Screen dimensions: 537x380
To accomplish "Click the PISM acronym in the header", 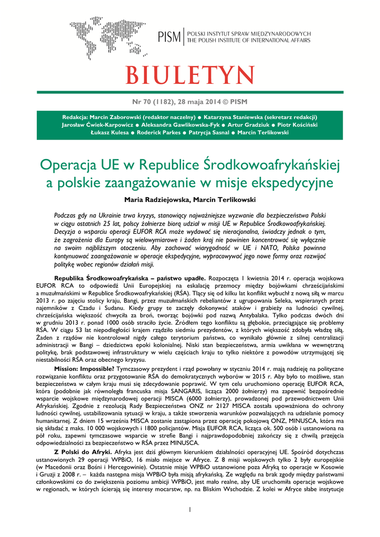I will [170, 36].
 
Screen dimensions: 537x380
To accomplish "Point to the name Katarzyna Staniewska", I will [237, 117].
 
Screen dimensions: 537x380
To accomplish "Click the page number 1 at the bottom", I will [190, 510].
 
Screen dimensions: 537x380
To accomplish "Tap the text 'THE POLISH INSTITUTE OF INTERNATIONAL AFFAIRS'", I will [249, 40].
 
